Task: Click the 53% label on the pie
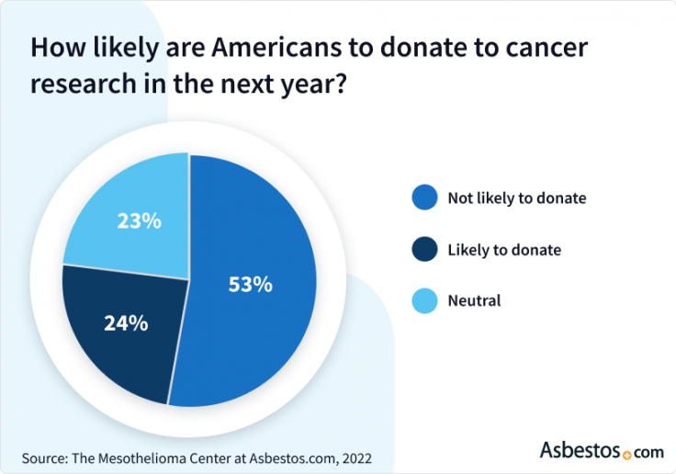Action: click(x=250, y=285)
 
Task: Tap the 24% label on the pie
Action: click(x=125, y=323)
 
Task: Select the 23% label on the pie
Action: click(x=140, y=221)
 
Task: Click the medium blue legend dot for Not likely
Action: click(x=424, y=197)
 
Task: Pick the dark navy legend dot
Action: click(x=424, y=249)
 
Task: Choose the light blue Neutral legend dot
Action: click(x=424, y=300)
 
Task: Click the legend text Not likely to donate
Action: click(x=516, y=197)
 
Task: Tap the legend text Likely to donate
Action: click(x=503, y=249)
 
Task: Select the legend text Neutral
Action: click(x=474, y=300)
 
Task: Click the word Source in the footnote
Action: click(x=45, y=456)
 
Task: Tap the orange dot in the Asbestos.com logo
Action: click(x=627, y=454)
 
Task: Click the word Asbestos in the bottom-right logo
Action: click(x=579, y=451)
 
